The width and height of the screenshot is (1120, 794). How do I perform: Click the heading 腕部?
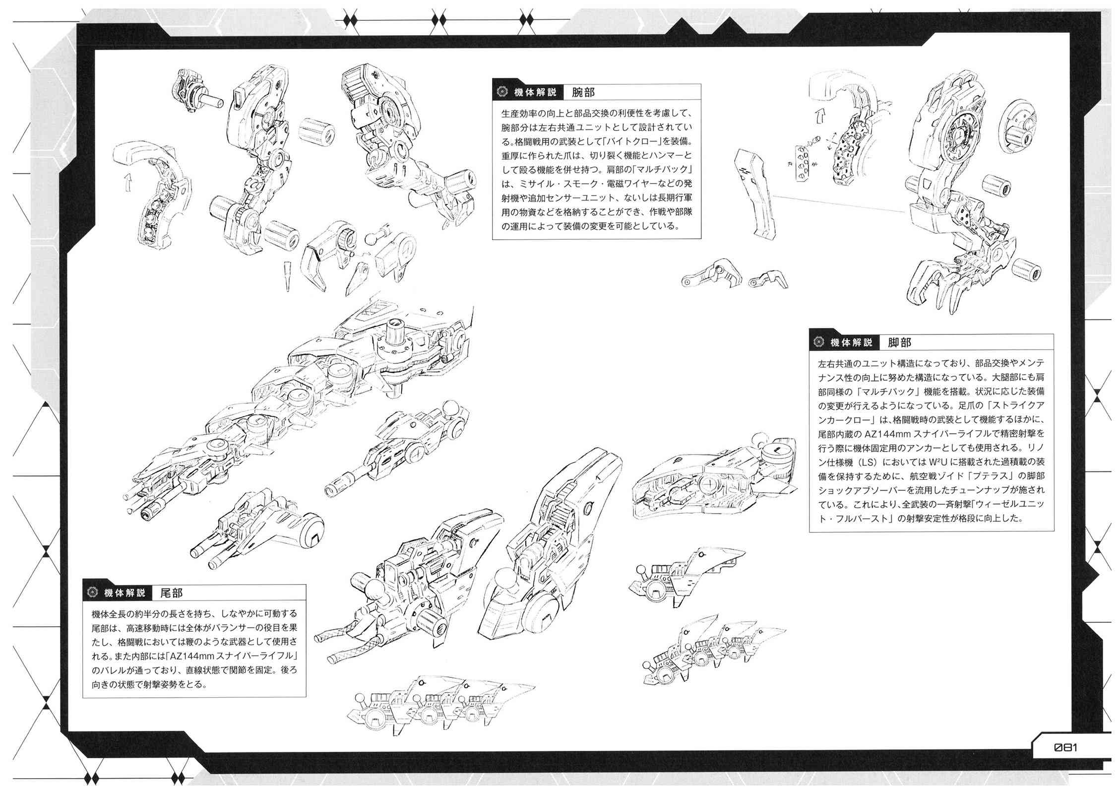pyautogui.click(x=583, y=92)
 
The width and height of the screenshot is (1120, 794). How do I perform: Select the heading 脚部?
pyautogui.click(x=899, y=343)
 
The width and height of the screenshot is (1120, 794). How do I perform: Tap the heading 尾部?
pyautogui.click(x=171, y=593)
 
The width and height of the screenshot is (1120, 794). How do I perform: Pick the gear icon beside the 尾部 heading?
pyautogui.click(x=92, y=593)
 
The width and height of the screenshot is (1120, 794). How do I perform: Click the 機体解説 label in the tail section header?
pyautogui.click(x=124, y=593)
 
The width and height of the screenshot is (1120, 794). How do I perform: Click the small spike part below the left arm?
pyautogui.click(x=287, y=276)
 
